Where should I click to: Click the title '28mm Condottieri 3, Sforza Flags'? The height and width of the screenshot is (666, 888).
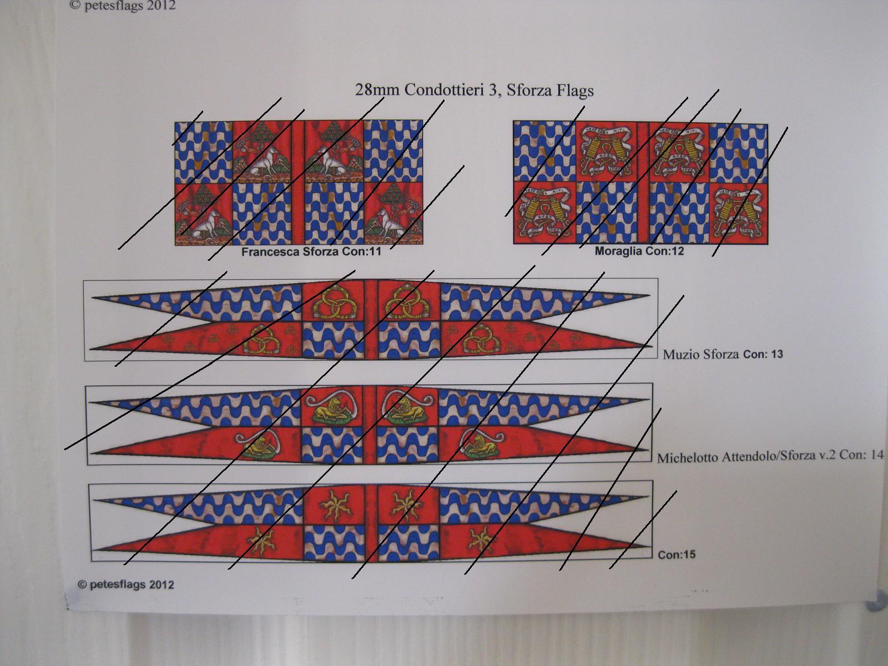474,90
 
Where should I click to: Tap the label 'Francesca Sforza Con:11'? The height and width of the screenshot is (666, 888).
311,251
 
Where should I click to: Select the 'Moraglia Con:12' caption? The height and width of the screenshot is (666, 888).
639,251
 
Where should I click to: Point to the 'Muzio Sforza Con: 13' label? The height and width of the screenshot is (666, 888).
723,354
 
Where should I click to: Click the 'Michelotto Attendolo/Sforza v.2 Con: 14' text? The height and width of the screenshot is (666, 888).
770,456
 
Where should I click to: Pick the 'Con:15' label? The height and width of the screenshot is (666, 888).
676,554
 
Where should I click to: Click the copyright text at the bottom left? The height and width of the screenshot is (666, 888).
126,584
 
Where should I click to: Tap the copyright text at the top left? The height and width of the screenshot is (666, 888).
123,6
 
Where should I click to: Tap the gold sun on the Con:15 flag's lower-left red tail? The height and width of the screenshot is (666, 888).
260,541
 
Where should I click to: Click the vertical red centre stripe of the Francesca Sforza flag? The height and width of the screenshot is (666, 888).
298,183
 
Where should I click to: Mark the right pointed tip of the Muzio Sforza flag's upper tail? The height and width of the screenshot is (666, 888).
648,296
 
